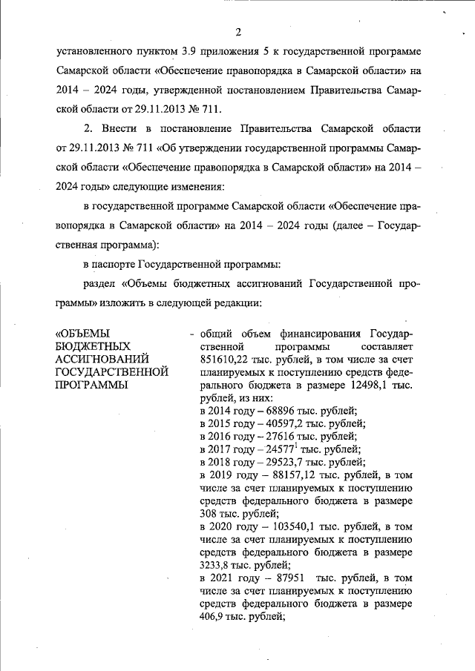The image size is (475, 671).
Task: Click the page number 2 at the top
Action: click(x=238, y=32)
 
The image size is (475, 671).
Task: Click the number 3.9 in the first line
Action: click(x=189, y=53)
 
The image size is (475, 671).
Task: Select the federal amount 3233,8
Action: click(x=217, y=565)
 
